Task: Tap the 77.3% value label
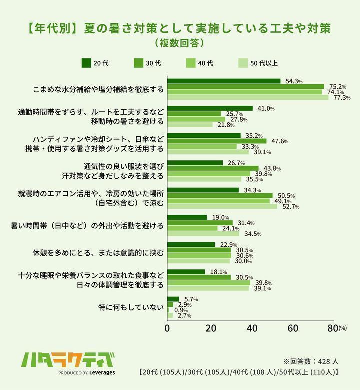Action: pyautogui.click(x=342, y=98)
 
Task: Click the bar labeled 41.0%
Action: pyautogui.click(x=210, y=108)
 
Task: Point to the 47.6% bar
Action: pyautogui.click(x=217, y=141)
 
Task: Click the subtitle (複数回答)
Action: pyautogui.click(x=179, y=43)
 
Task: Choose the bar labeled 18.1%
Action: pyautogui.click(x=186, y=272)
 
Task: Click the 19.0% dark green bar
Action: pyautogui.click(x=187, y=217)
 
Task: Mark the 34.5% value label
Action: pyautogui.click(x=252, y=234)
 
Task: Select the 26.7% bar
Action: pyautogui.click(x=195, y=163)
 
